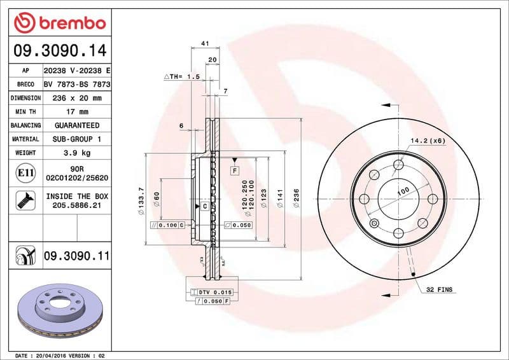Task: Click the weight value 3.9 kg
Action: [76, 153]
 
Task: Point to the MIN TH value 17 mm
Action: [76, 112]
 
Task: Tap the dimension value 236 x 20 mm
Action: [76, 98]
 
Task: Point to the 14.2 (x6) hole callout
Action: [426, 140]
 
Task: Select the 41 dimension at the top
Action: [205, 43]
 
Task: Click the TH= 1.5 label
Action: [182, 76]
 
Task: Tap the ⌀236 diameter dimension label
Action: [296, 200]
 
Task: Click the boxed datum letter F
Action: [234, 171]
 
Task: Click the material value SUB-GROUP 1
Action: [76, 139]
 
